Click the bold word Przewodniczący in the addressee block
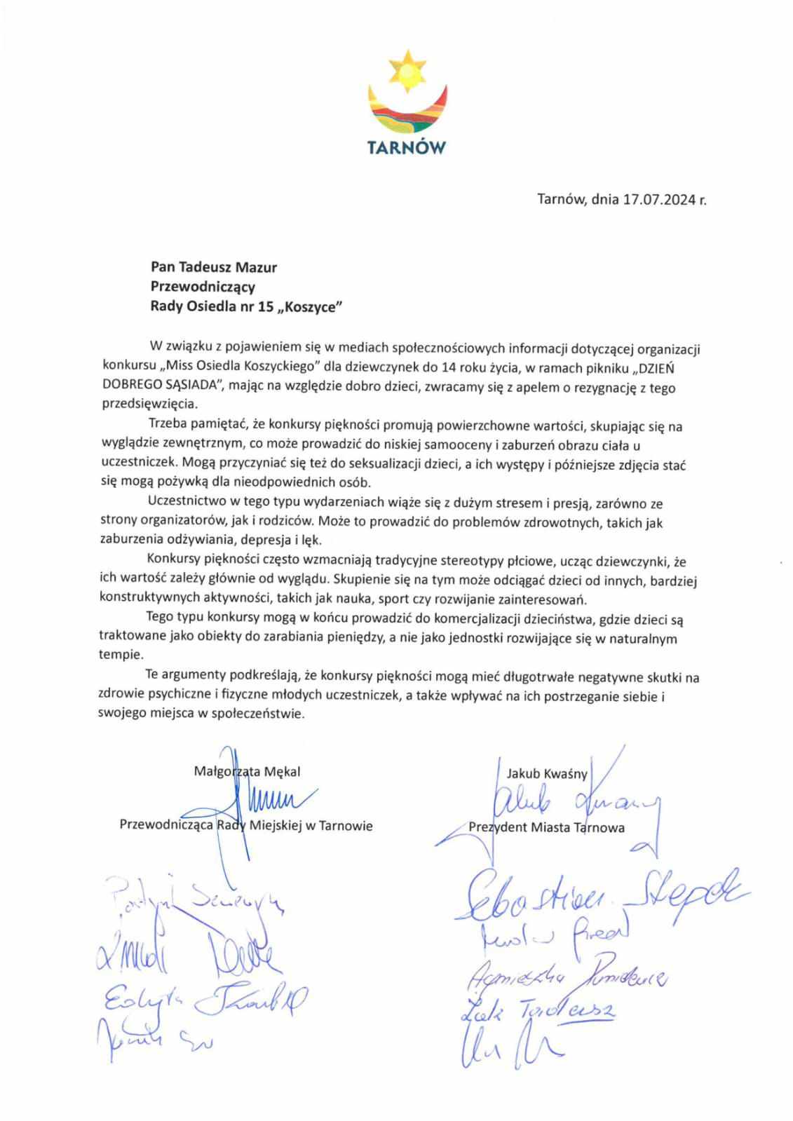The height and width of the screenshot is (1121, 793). [203, 286]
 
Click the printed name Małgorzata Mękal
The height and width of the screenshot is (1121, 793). [247, 772]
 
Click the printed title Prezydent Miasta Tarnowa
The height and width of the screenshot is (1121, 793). [546, 828]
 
